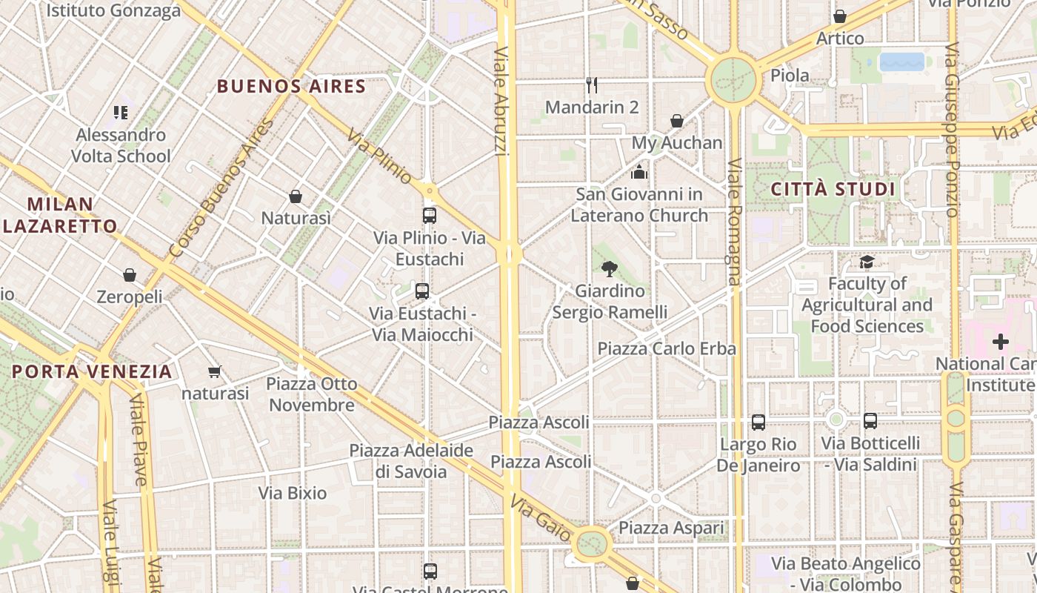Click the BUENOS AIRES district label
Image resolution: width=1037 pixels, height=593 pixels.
tap(291, 86)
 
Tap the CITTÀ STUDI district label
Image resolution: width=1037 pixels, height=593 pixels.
tap(833, 189)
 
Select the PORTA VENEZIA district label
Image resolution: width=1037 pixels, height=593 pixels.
tap(92, 371)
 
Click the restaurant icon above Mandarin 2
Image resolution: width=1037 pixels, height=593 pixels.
tap(591, 85)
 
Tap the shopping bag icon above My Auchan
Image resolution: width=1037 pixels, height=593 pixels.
tap(676, 121)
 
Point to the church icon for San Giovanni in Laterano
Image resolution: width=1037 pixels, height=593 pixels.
tap(638, 173)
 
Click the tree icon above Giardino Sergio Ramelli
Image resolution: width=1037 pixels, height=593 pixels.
tap(610, 268)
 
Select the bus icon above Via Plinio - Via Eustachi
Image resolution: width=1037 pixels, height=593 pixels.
tap(429, 216)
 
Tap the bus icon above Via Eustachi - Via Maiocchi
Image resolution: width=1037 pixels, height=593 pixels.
tap(422, 291)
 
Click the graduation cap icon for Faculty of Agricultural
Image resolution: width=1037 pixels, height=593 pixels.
tap(867, 262)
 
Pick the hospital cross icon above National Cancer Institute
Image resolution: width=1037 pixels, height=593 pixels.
tap(1001, 342)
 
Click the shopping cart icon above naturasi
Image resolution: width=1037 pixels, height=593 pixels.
tap(215, 371)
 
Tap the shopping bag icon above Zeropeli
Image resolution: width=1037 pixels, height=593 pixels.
tap(130, 275)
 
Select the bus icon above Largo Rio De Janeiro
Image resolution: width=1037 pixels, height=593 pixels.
tap(758, 423)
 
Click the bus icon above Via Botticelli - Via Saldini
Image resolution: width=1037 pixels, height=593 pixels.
tap(870, 421)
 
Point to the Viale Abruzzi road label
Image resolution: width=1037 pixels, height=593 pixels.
tap(501, 102)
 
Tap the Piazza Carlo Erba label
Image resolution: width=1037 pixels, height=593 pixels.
tap(667, 348)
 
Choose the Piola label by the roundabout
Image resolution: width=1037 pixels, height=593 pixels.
tap(790, 76)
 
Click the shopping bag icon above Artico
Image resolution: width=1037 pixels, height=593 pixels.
tap(840, 16)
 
